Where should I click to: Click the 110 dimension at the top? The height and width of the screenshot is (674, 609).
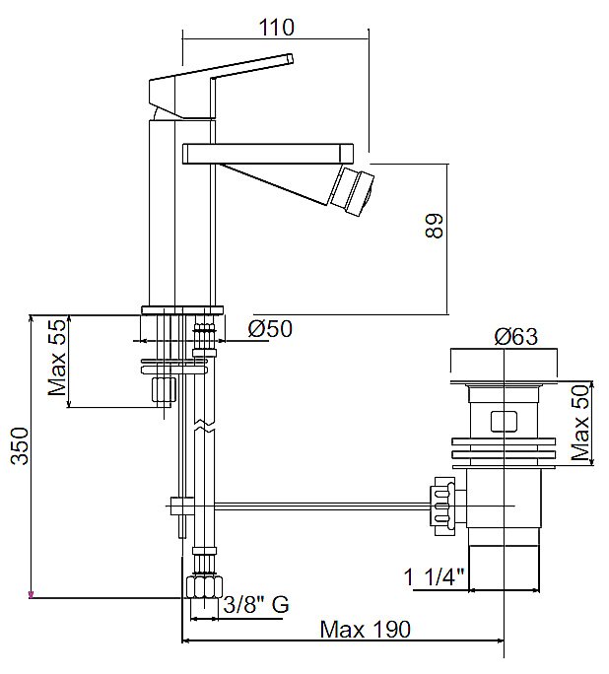coord(276,27)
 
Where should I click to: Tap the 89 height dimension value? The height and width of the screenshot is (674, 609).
coord(434,226)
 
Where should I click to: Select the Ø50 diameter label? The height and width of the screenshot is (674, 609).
coord(270,329)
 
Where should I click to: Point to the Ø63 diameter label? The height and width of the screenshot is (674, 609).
coord(515,337)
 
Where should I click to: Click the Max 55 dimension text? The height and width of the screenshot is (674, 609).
coord(57,358)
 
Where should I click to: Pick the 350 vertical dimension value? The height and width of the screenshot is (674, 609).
coord(20,445)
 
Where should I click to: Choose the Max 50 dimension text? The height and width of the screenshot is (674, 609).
coord(580,423)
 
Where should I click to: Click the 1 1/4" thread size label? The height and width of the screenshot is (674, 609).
coord(435,576)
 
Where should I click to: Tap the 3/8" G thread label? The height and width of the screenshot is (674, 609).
coord(256,605)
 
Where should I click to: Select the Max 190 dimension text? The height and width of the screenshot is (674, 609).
coord(366,630)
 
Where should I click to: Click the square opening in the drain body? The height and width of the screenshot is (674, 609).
coord(504,422)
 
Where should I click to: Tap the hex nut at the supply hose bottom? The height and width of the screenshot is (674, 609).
coord(205,587)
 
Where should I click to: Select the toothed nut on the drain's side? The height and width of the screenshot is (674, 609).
coord(444,505)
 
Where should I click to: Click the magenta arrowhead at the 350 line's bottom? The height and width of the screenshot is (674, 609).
coord(31,595)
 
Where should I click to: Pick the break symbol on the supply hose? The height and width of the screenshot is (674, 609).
coord(204,425)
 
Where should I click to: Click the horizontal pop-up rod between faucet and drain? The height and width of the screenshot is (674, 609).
coord(321,505)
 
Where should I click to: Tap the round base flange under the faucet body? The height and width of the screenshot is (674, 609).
coord(182,310)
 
